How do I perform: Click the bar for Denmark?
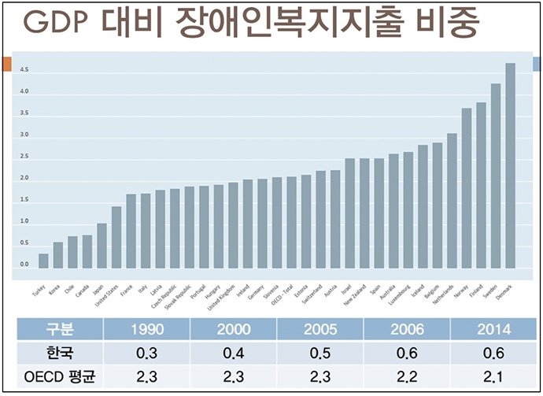tap(510, 165)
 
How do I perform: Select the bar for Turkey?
tap(43, 260)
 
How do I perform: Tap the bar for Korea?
tap(58, 254)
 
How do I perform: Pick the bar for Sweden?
tap(495, 176)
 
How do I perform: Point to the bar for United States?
tap(116, 236)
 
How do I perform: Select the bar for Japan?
tap(102, 245)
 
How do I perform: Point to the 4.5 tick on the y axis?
tap(24, 70)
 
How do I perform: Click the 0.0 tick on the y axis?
tap(24, 265)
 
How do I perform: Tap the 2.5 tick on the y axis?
tap(24, 157)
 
